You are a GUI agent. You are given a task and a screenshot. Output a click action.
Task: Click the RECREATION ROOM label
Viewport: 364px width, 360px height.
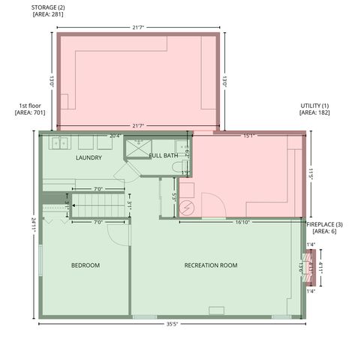pyautogui.click(x=211, y=265)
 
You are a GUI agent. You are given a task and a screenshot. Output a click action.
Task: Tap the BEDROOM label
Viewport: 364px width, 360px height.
pyautogui.click(x=86, y=265)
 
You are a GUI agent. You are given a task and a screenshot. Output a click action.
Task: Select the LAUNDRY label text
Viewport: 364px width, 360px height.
pyautogui.click(x=89, y=158)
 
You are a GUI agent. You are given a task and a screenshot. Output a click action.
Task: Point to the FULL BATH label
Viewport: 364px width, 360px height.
pyautogui.click(x=163, y=155)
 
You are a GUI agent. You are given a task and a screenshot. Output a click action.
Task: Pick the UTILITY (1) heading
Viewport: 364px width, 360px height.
pyautogui.click(x=314, y=106)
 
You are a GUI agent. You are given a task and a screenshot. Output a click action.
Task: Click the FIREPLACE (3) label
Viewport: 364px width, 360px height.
pyautogui.click(x=323, y=225)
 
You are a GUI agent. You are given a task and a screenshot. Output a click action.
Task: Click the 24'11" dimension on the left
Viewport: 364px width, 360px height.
pyautogui.click(x=34, y=226)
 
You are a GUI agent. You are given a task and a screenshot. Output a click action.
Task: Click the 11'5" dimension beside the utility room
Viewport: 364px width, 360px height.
pyautogui.click(x=310, y=175)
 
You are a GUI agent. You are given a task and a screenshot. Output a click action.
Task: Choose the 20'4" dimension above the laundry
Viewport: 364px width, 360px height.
pyautogui.click(x=115, y=136)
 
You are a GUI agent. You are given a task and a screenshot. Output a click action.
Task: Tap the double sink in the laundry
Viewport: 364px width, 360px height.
pyautogui.click(x=59, y=142)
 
